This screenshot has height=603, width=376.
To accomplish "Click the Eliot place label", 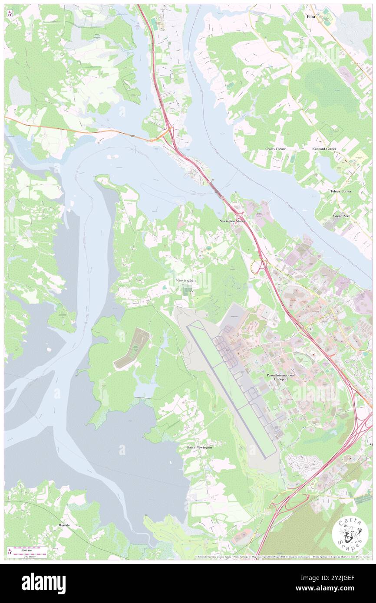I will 311,16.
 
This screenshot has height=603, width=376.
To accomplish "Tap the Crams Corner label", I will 275,149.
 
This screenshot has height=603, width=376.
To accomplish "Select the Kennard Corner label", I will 324,149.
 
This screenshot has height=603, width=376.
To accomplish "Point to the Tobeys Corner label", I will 341,191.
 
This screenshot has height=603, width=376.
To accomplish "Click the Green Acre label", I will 342,216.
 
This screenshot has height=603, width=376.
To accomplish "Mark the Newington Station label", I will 233,221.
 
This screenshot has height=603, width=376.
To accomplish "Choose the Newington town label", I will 186,281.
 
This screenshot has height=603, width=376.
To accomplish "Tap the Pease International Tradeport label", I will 280,377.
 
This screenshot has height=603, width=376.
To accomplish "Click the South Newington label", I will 199,447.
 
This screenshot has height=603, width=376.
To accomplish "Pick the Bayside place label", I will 64,525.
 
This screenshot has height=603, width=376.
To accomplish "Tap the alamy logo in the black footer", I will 43,583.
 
